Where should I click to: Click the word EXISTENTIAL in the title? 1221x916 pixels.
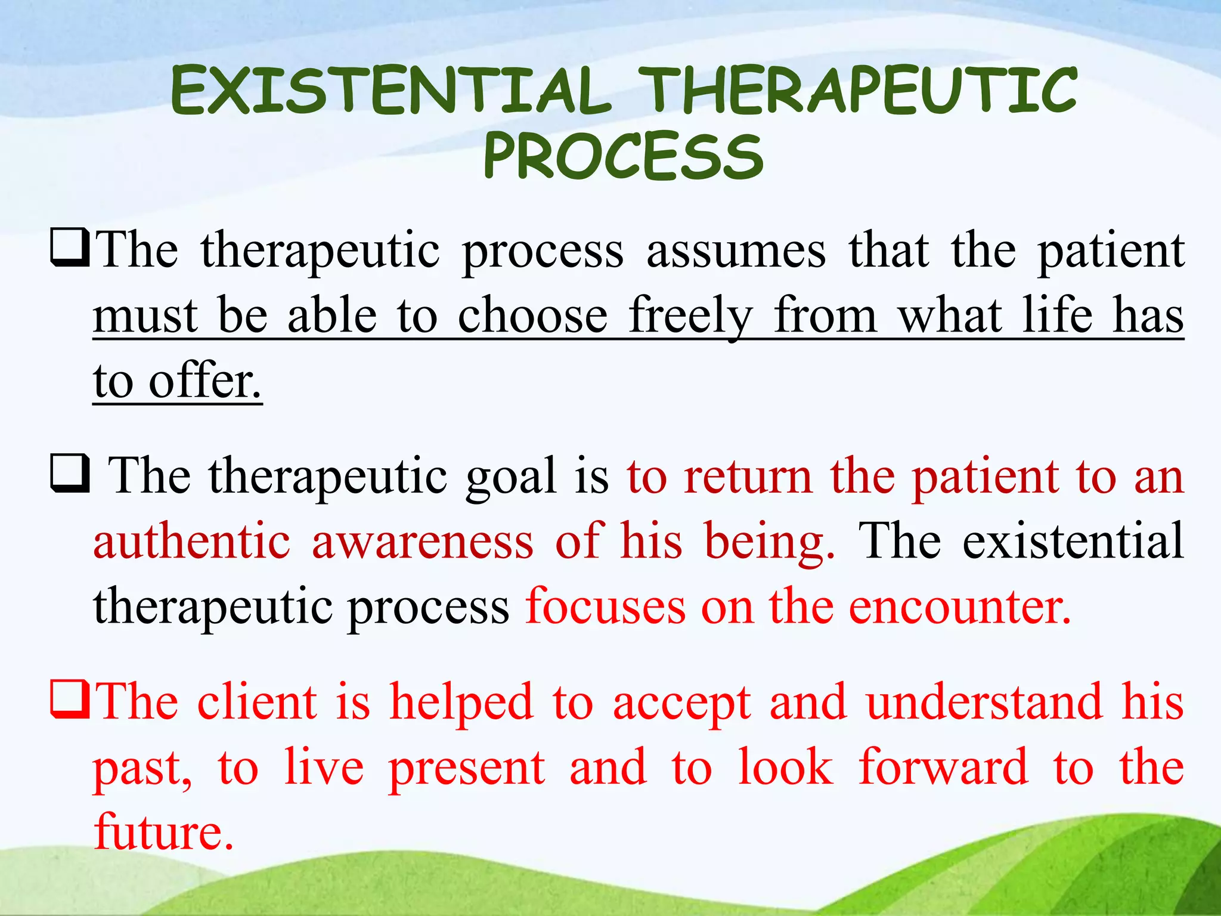391,91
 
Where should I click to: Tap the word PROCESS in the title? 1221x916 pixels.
622,156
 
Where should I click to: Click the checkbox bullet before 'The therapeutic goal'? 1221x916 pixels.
70,475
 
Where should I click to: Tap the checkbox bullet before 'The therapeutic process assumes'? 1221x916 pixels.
70,250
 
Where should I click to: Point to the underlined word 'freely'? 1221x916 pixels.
691,315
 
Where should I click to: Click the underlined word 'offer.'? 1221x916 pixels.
205,381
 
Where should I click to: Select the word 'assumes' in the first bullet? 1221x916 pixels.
736,250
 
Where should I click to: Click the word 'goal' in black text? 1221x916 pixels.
511,476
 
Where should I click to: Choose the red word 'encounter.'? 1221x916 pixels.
959,606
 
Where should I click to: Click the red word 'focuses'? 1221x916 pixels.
605,606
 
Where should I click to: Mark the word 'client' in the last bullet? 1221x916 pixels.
257,702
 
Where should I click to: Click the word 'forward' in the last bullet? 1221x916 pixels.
943,768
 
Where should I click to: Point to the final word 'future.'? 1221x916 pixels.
163,832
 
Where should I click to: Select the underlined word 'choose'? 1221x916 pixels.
532,315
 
